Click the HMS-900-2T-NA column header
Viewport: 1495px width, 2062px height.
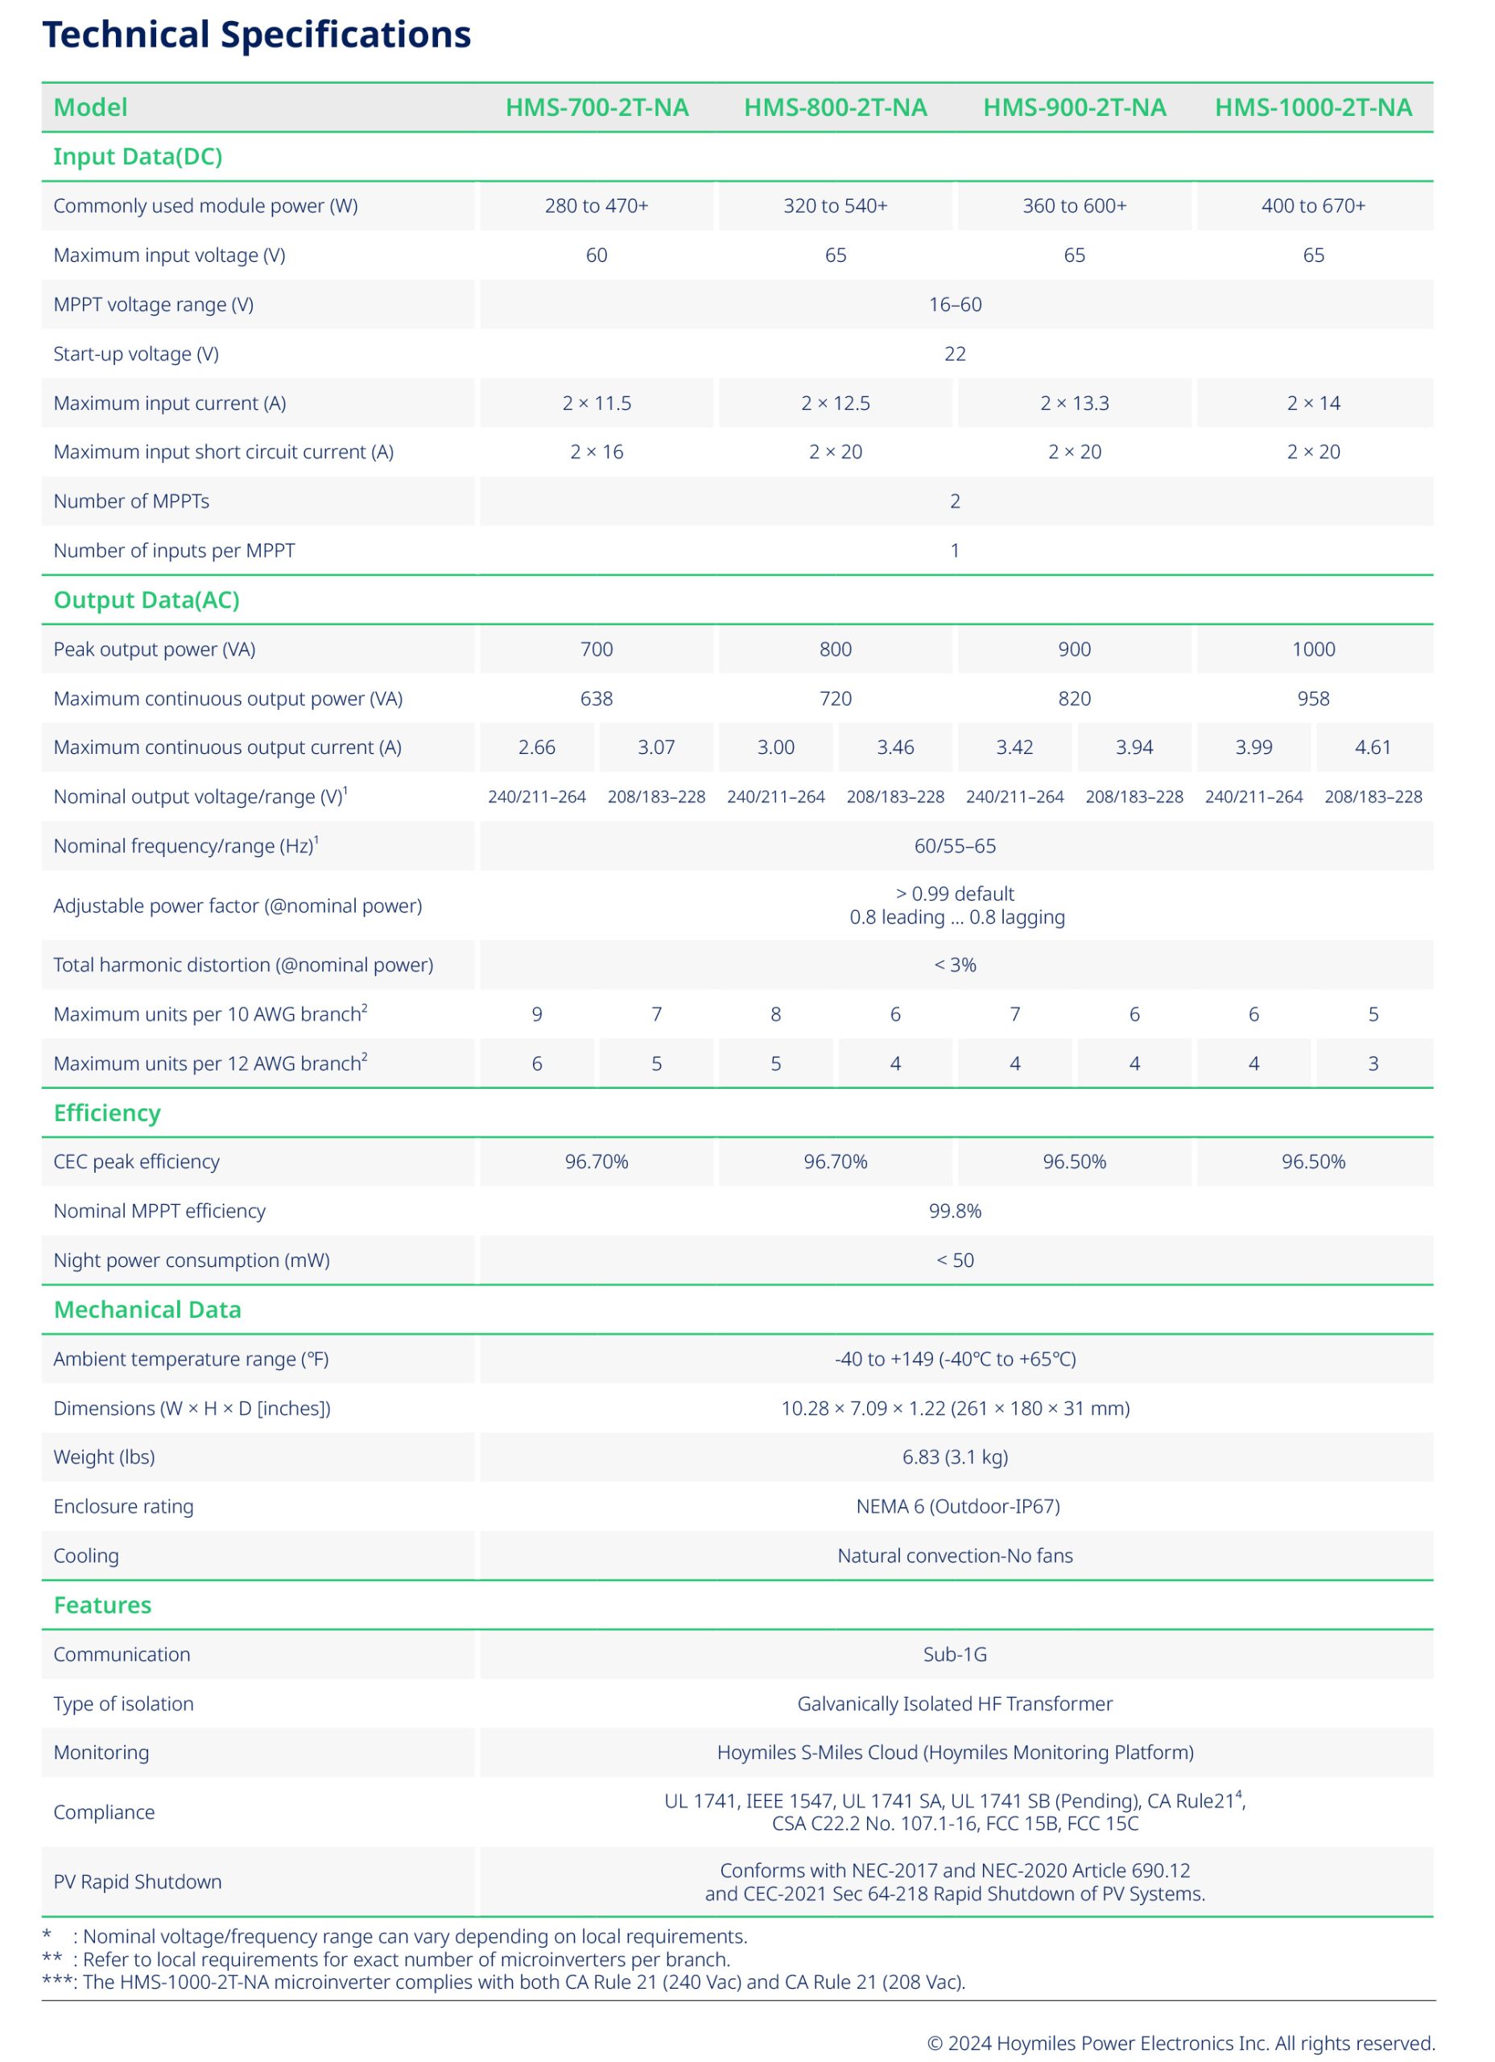pyautogui.click(x=1074, y=107)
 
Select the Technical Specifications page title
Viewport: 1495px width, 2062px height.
pyautogui.click(x=256, y=35)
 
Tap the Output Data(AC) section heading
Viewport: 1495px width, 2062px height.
pyautogui.click(x=147, y=600)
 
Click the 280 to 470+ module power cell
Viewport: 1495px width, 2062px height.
pyautogui.click(x=597, y=205)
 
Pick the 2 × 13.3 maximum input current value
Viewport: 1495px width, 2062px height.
pyautogui.click(x=1074, y=403)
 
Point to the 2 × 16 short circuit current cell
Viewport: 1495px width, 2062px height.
pyautogui.click(x=597, y=452)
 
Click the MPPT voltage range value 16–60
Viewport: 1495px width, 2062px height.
pyautogui.click(x=955, y=304)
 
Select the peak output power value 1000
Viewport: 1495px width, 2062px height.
pyautogui.click(x=1313, y=649)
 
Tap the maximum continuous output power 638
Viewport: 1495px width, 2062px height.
pyautogui.click(x=597, y=698)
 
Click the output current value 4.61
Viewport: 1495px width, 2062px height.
pyautogui.click(x=1373, y=747)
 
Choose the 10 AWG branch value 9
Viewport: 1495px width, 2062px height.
pyautogui.click(x=537, y=1014)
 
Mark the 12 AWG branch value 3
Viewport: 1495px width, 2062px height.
pyautogui.click(x=1373, y=1063)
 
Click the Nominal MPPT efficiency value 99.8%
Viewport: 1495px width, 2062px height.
pyautogui.click(x=955, y=1211)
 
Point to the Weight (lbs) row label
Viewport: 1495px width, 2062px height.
pyautogui.click(x=105, y=1456)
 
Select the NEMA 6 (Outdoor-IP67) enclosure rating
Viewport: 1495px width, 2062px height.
pyautogui.click(x=958, y=1506)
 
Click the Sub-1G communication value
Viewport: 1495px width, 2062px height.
pyautogui.click(x=955, y=1654)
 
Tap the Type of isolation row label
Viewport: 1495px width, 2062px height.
pyautogui.click(x=124, y=1704)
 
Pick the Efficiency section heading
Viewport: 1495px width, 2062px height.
pyautogui.click(x=107, y=1113)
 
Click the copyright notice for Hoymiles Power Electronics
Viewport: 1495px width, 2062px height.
pyautogui.click(x=1180, y=2043)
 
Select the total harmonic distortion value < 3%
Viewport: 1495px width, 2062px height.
pyautogui.click(x=955, y=965)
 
